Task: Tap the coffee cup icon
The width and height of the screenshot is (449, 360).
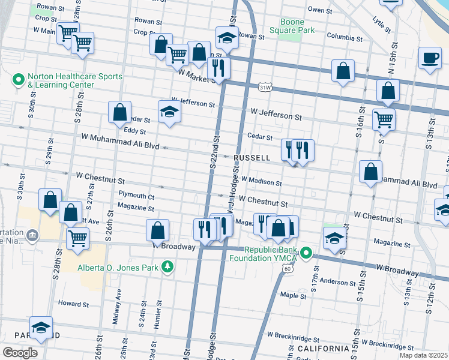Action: [429, 58]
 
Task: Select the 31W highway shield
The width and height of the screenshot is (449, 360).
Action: [265, 88]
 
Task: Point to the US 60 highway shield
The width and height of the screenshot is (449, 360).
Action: [288, 269]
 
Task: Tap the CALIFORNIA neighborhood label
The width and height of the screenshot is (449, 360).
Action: [323, 349]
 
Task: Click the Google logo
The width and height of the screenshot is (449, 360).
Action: [20, 353]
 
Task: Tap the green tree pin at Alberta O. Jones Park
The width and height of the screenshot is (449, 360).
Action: [169, 267]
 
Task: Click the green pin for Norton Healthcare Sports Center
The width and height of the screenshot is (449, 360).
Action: [18, 78]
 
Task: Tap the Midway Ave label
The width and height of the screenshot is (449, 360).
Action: [119, 306]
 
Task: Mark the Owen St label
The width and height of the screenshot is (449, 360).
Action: [319, 10]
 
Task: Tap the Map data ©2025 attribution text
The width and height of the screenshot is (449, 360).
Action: [423, 355]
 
